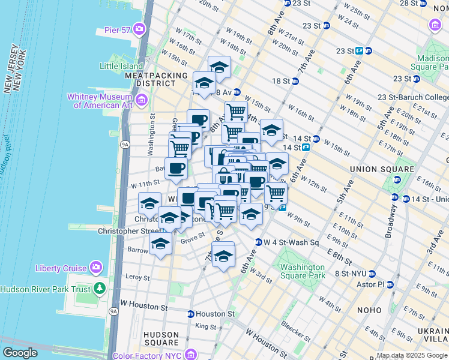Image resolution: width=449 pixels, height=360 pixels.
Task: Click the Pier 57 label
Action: pyautogui.click(x=119, y=28)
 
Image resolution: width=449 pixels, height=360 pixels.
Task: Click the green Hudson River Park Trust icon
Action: pyautogui.click(x=99, y=289)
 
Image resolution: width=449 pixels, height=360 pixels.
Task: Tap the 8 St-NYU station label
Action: pyautogui.click(x=354, y=274)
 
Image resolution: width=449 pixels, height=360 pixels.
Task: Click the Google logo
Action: pyautogui.click(x=20, y=353)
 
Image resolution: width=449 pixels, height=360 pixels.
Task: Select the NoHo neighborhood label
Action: pyautogui.click(x=369, y=310)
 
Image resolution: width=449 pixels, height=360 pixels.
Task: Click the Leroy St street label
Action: pyautogui.click(x=138, y=278)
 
